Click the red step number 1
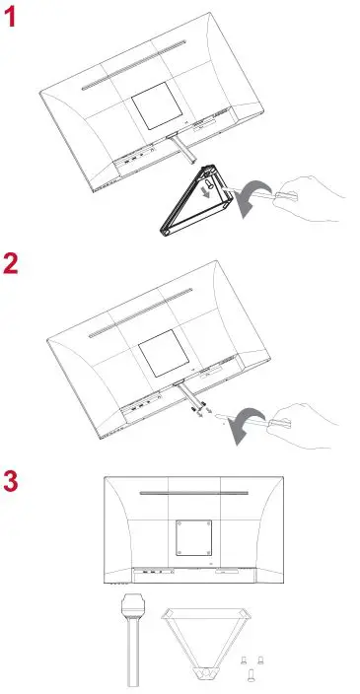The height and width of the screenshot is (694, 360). coord(13,19)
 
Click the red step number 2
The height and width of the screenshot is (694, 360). coord(13,265)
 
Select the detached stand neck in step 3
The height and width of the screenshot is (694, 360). coord(132,636)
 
